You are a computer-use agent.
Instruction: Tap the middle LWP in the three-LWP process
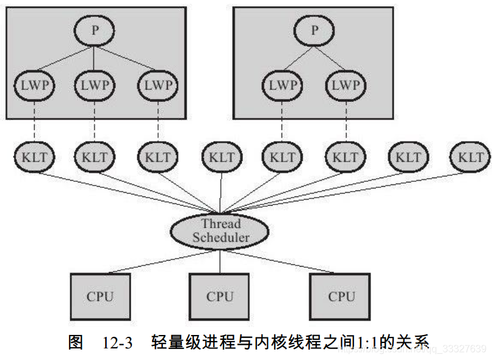[94, 85]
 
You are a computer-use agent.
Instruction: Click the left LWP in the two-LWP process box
[282, 85]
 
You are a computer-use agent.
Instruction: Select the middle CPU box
[219, 297]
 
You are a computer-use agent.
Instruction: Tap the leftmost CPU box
[99, 297]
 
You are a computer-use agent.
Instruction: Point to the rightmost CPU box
[341, 297]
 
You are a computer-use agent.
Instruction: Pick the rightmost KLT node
[470, 157]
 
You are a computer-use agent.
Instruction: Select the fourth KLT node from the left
[220, 157]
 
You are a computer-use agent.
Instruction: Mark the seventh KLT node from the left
[407, 157]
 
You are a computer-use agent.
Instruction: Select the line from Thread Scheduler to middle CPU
[220, 261]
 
